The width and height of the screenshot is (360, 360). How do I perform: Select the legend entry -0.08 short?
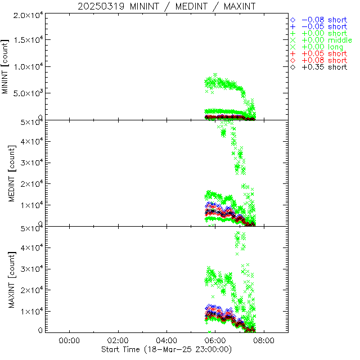point(324,20)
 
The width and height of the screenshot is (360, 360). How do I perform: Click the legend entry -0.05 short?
point(324,26)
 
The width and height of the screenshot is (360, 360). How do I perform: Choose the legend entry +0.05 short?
point(324,53)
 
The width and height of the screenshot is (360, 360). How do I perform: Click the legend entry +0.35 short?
point(324,67)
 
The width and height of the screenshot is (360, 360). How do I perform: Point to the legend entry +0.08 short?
point(324,60)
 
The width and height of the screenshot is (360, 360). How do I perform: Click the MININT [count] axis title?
point(6,66)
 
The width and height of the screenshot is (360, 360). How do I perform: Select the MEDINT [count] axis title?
point(6,173)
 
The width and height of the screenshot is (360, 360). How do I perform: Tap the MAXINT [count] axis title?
point(6,279)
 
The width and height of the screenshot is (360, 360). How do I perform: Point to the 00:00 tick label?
point(69,341)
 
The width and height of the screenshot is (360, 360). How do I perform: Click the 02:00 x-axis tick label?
point(118,341)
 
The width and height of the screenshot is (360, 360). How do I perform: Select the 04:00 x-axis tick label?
point(166,341)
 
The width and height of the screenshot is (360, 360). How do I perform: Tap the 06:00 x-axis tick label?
point(215,341)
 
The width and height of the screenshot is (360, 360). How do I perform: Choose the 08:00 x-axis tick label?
point(264,341)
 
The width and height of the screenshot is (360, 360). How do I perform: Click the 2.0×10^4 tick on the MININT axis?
point(25,15)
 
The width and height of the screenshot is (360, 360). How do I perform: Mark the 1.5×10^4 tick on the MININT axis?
point(25,40)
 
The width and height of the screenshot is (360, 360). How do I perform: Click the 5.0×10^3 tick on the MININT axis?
point(25,93)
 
